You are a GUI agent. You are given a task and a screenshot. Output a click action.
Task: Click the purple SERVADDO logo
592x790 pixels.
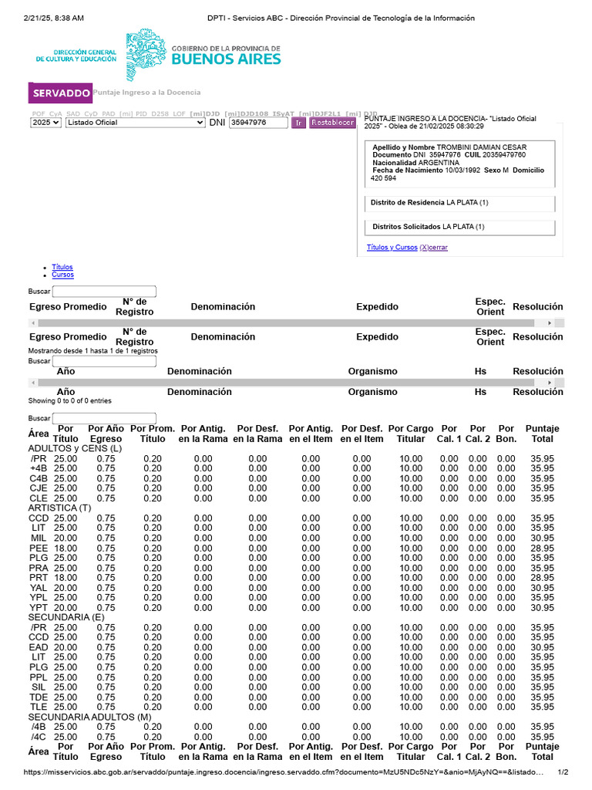click(60, 93)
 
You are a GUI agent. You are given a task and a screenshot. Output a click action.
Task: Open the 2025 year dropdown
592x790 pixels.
click(45, 123)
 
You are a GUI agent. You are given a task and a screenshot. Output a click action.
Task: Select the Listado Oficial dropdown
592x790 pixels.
click(135, 123)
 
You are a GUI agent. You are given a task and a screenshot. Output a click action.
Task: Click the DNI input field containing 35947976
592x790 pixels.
click(257, 123)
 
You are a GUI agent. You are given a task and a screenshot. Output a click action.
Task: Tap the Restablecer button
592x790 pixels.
click(332, 123)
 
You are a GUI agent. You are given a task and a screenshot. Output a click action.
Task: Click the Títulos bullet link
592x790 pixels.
click(62, 267)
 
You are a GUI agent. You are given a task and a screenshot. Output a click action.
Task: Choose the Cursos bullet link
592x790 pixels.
click(63, 275)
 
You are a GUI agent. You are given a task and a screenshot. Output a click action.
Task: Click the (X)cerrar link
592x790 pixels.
click(433, 248)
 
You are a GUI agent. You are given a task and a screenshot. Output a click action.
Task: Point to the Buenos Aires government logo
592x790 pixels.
click(203, 53)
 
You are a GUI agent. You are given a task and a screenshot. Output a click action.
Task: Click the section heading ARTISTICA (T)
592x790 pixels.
click(59, 508)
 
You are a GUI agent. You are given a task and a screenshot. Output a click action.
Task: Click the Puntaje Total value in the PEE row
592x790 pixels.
click(542, 548)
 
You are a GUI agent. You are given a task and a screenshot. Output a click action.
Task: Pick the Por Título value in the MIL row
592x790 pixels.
click(66, 538)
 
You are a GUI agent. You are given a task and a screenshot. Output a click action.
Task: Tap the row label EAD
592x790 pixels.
click(39, 647)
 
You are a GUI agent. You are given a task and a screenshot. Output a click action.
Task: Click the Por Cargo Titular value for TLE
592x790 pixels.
click(410, 707)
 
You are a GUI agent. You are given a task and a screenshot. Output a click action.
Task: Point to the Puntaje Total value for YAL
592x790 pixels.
click(542, 588)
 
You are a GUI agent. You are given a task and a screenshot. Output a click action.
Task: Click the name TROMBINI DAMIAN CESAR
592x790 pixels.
click(482, 147)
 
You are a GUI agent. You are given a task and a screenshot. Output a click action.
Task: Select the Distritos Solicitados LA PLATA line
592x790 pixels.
click(428, 227)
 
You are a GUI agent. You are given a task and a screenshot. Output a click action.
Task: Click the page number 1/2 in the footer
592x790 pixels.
click(562, 772)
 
